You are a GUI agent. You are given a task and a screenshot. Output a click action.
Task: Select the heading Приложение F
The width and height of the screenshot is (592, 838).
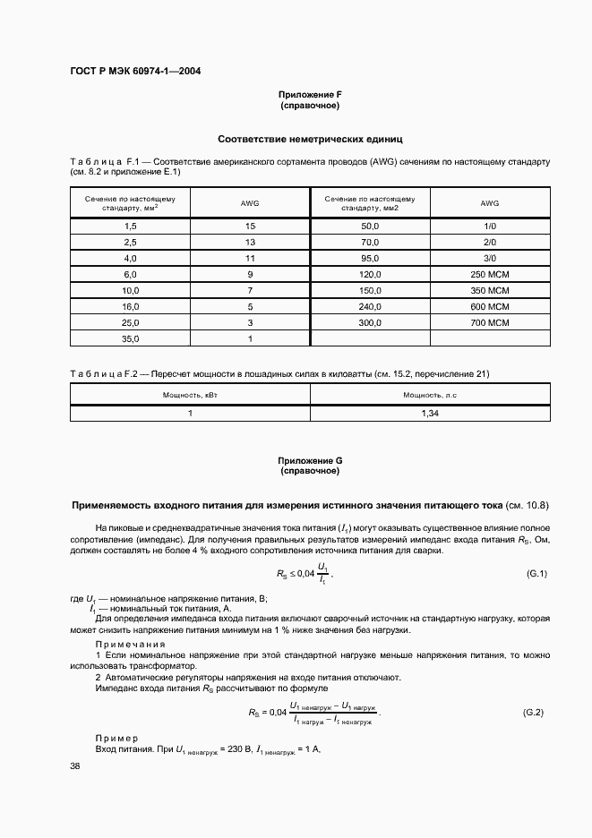[310, 95]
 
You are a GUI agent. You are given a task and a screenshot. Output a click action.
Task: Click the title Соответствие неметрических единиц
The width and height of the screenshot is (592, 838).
[310, 140]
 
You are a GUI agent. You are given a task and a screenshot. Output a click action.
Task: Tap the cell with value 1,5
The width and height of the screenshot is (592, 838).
[131, 227]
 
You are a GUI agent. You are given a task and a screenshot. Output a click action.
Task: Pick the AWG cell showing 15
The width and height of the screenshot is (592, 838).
[250, 227]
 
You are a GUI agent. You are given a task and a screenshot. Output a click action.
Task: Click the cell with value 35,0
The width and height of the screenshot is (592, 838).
[131, 339]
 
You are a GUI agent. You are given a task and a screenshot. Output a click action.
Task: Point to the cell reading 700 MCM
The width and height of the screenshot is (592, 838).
[489, 321]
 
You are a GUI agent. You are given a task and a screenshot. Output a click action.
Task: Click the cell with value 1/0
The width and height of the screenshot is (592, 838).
[489, 227]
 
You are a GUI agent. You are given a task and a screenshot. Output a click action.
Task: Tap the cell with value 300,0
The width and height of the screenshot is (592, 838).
[370, 321]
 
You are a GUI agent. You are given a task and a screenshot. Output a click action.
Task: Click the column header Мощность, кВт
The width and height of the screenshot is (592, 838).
[190, 394]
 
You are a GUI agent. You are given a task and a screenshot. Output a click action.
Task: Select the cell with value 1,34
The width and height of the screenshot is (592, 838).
[430, 414]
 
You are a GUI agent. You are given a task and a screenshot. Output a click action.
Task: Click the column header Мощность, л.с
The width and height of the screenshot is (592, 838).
[430, 394]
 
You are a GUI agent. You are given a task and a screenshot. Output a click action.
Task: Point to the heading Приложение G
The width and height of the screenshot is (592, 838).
[310, 460]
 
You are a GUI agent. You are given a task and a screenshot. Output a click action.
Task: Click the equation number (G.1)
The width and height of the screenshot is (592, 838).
[536, 573]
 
